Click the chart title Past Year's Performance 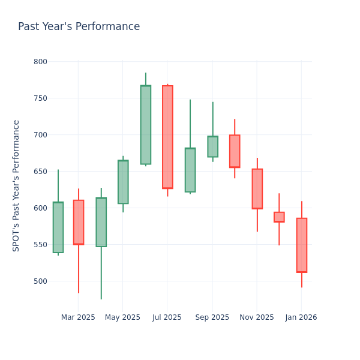click(79, 27)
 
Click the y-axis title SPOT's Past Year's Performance click(17, 185)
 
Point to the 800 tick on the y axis click(40, 62)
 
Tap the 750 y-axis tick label click(40, 98)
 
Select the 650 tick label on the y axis click(40, 172)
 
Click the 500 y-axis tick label click(40, 281)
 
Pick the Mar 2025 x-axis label click(78, 317)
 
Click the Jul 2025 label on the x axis click(167, 317)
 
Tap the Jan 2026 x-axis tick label click(301, 317)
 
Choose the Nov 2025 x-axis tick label click(257, 317)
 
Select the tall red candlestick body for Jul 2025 click(167, 137)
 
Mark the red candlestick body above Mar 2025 click(79, 222)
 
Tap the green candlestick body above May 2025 click(123, 182)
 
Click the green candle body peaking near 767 click(145, 125)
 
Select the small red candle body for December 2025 click(279, 217)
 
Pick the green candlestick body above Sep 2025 click(212, 146)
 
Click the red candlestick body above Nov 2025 click(257, 188)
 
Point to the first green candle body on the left click(58, 227)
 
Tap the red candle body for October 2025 click(235, 151)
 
